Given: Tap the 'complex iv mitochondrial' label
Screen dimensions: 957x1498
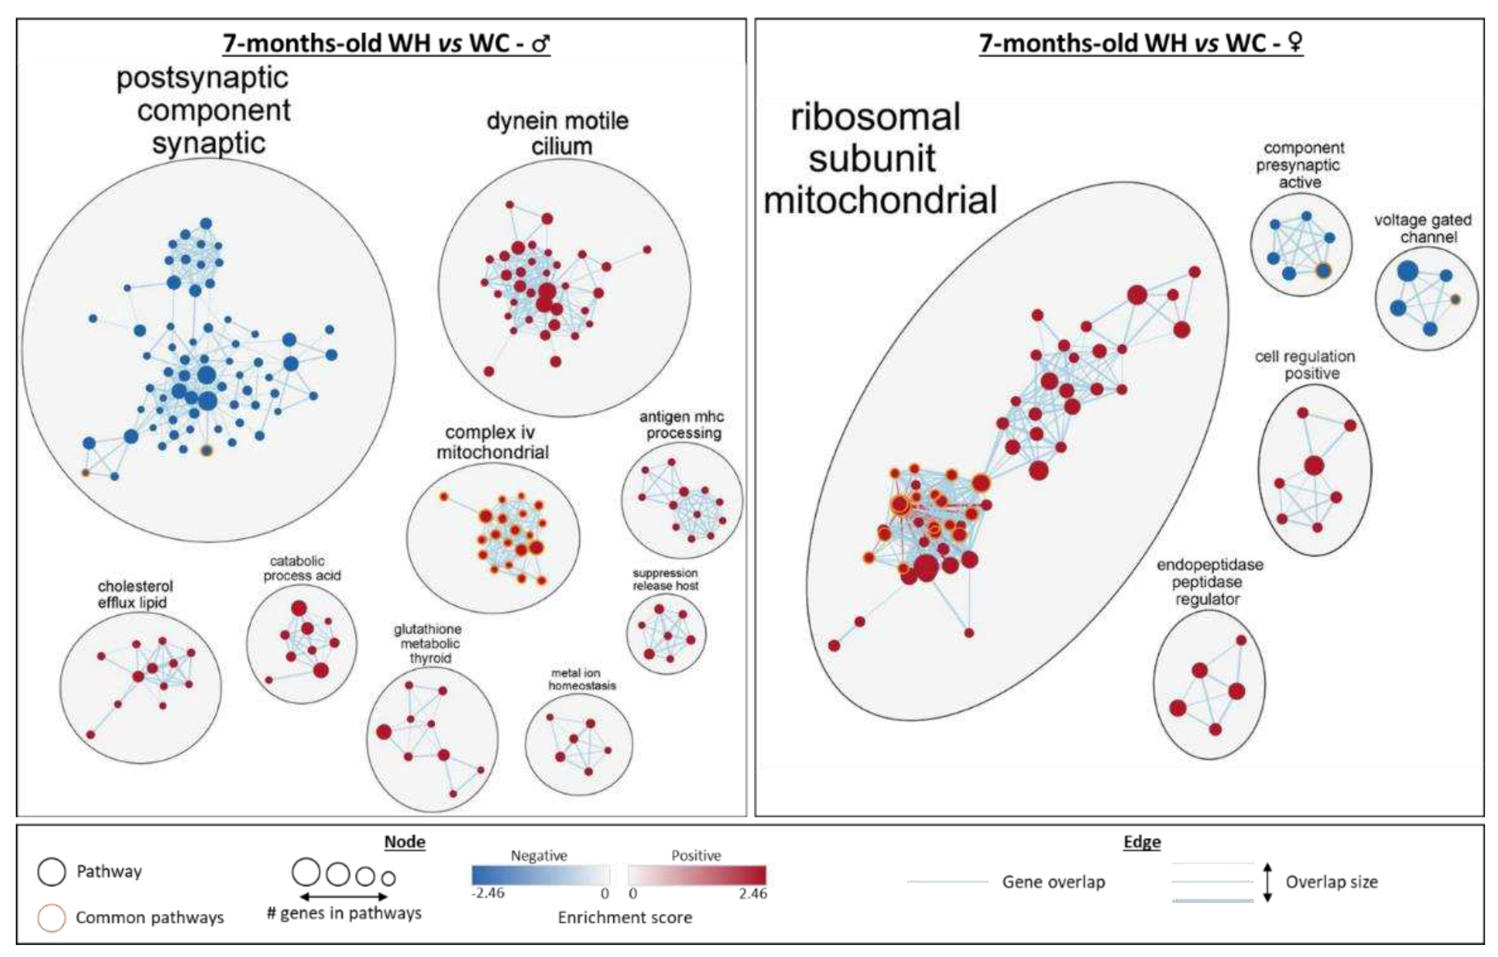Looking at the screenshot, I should [491, 442].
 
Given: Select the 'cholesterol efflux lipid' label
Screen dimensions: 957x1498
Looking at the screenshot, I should [134, 594].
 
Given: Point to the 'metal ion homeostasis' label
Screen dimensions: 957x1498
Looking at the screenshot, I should [582, 679].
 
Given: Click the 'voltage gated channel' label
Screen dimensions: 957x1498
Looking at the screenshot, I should [1423, 229].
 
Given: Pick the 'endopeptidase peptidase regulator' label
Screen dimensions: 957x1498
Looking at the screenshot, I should [1209, 582].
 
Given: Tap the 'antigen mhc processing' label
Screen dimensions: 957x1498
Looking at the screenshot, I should [682, 425].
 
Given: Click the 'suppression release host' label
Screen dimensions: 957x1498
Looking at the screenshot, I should [665, 579].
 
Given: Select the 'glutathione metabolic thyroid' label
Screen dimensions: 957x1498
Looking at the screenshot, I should [428, 644].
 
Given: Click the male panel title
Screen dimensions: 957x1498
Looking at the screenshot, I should [386, 43].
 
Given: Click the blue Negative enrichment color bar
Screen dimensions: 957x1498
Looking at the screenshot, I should [540, 875].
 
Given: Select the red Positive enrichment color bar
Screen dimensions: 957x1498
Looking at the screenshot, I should [697, 875].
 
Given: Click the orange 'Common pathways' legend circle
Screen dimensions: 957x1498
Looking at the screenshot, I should [51, 918].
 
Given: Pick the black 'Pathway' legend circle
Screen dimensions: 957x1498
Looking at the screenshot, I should [51, 871].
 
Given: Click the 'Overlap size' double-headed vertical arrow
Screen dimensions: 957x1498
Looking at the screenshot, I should [1267, 882].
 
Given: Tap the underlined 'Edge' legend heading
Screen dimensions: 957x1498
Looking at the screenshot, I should [1141, 842].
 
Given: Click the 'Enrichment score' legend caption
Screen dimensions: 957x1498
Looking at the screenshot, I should [625, 918].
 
